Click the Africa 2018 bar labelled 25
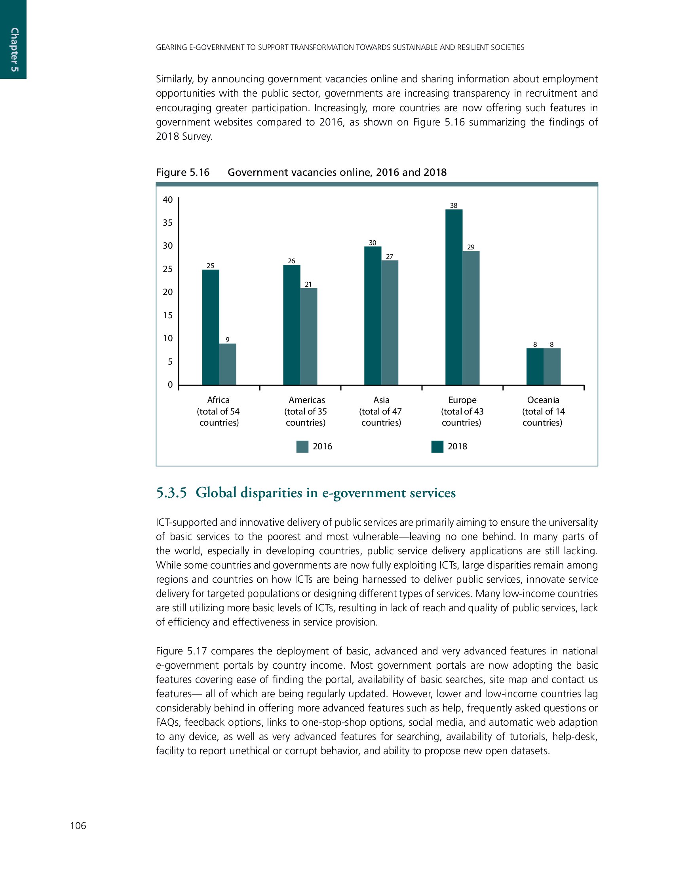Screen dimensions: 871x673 pyautogui.click(x=211, y=327)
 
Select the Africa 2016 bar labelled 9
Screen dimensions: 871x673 pyautogui.click(x=228, y=364)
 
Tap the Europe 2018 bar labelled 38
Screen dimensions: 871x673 pyautogui.click(x=454, y=297)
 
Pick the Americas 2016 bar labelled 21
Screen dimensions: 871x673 pyautogui.click(x=309, y=336)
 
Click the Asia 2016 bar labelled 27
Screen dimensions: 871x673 pyautogui.click(x=390, y=322)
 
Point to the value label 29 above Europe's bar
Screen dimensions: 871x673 pyautogui.click(x=471, y=247)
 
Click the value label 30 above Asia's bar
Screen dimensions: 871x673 pyautogui.click(x=373, y=243)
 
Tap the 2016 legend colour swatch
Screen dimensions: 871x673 pyautogui.click(x=302, y=447)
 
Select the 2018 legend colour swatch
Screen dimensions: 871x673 pyautogui.click(x=437, y=447)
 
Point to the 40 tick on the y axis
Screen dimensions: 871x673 pyautogui.click(x=168, y=200)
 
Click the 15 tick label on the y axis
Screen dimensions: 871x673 pyautogui.click(x=168, y=316)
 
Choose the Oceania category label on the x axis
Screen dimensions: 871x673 pyautogui.click(x=543, y=400)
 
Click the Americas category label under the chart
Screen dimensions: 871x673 pyautogui.click(x=306, y=400)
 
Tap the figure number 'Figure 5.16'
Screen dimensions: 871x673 pyautogui.click(x=183, y=172)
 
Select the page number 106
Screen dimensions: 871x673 pyautogui.click(x=78, y=825)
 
